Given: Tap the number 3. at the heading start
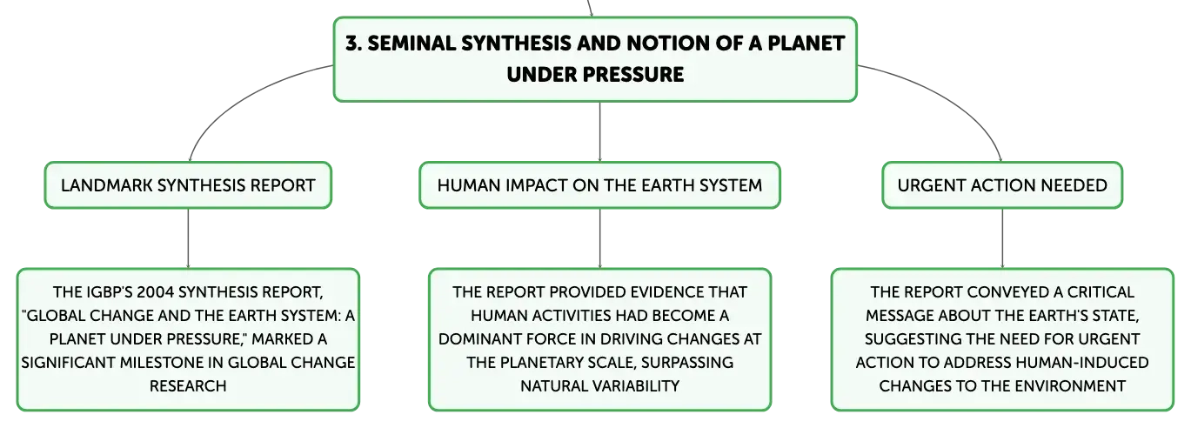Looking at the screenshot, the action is [353, 43].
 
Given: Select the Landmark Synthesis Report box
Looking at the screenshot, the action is [188, 185].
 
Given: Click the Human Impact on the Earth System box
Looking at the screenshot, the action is [599, 185].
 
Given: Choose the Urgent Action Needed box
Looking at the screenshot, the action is [1002, 185].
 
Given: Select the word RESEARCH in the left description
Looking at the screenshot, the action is [188, 385].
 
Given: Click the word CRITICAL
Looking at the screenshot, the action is [1100, 292].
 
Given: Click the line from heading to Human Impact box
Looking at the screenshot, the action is [599, 132].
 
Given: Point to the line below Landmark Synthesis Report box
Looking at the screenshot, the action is [188, 238].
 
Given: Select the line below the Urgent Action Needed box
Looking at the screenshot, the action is [1002, 238].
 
